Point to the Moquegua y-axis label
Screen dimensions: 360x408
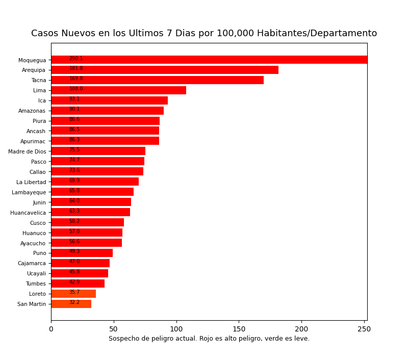pos(32,60)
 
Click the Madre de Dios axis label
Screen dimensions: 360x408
pos(27,151)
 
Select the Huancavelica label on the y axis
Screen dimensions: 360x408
pos(28,213)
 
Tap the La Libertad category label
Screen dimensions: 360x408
pos(31,182)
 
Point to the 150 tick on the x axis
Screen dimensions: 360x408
pos(239,329)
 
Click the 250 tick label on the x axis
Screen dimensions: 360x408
pos(364,329)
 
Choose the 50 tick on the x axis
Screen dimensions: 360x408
pos(114,329)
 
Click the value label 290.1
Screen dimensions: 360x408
pos(76,59)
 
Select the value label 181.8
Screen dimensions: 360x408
pos(76,68)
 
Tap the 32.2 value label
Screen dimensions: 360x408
pos(74,302)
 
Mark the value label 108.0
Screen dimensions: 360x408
pos(76,89)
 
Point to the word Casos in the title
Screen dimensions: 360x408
pos(45,34)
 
